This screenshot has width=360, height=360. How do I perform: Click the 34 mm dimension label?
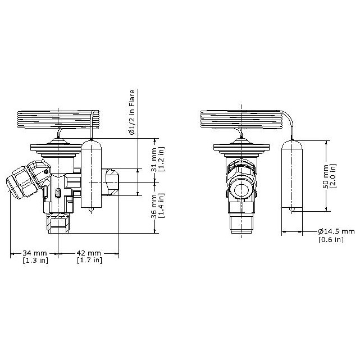coord(34,253)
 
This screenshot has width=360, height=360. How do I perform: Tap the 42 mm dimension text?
coord(89,253)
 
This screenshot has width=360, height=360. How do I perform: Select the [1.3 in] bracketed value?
coord(35,261)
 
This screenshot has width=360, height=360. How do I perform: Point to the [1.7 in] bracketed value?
coord(89,261)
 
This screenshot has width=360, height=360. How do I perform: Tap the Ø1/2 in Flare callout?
coord(131,112)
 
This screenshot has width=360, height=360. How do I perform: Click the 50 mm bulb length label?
coord(326,176)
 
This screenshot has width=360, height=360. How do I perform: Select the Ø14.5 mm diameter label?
coord(336,231)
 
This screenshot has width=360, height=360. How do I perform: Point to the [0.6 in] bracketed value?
coord(331,239)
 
